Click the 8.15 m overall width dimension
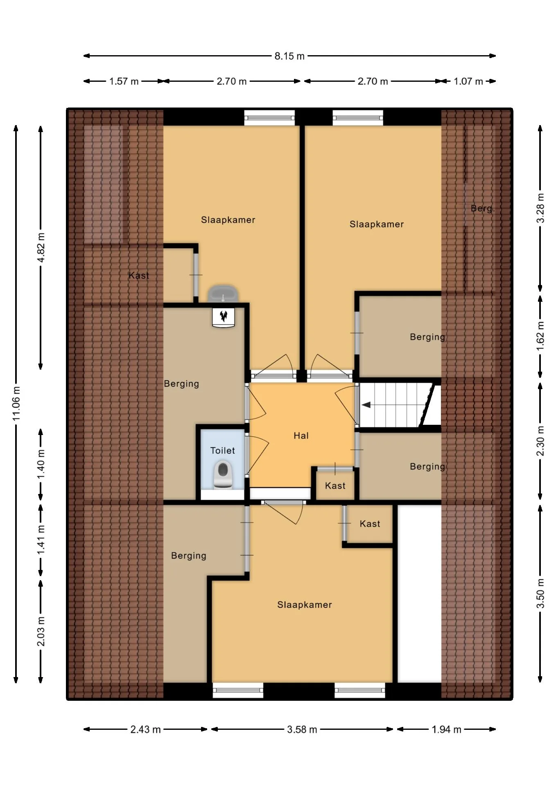pos(289,56)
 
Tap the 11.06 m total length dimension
pos(16,403)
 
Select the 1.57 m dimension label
pos(124,81)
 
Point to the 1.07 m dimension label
pos(468,81)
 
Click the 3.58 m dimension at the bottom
pos(302,729)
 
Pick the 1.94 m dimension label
pos(446,729)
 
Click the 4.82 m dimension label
pos(41,249)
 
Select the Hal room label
pos(301,436)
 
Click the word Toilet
pos(222,451)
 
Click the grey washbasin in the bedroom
pos(223,294)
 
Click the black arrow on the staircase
pos(366,405)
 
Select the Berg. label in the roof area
pos(482,209)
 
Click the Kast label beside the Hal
pos(335,486)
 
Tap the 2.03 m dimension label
pos(41,631)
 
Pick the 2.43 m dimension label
pos(145,729)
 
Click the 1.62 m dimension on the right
pos(540,336)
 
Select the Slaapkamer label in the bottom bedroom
pos(304,605)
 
